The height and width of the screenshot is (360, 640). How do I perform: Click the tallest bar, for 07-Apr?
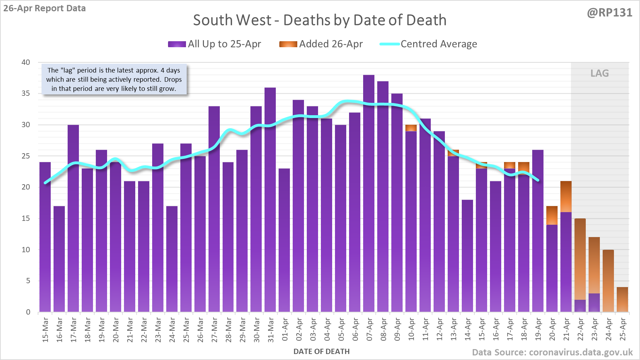pyautogui.click(x=369, y=193)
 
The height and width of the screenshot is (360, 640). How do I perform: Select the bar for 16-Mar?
pyautogui.click(x=59, y=259)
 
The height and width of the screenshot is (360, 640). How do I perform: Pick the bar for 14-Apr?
pyautogui.click(x=467, y=256)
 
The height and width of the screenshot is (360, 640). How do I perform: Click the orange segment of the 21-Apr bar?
pyautogui.click(x=566, y=197)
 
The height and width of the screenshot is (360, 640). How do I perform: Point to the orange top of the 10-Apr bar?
pyautogui.click(x=411, y=128)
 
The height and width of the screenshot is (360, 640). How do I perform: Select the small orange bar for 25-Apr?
pyautogui.click(x=622, y=299)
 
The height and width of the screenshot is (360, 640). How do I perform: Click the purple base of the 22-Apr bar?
pyautogui.click(x=580, y=306)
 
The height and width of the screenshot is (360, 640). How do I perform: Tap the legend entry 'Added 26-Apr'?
pyautogui.click(x=321, y=44)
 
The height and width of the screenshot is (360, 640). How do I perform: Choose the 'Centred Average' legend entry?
pyautogui.click(x=429, y=44)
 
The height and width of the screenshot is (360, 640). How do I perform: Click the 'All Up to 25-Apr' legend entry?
pyautogui.click(x=215, y=44)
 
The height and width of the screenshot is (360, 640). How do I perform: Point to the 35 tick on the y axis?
pyautogui.click(x=26, y=93)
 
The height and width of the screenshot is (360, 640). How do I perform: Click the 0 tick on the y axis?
pyautogui.click(x=28, y=312)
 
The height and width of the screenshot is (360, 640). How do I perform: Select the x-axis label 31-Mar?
pyautogui.click(x=271, y=330)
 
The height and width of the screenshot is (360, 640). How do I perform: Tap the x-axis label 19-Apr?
pyautogui.click(x=538, y=330)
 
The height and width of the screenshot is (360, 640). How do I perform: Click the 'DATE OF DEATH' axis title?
pyautogui.click(x=322, y=352)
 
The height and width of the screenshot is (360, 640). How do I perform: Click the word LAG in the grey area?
pyautogui.click(x=599, y=73)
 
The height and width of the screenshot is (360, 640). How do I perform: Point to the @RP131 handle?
pyautogui.click(x=609, y=13)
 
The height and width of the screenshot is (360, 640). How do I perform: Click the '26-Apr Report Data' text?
pyautogui.click(x=45, y=8)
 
